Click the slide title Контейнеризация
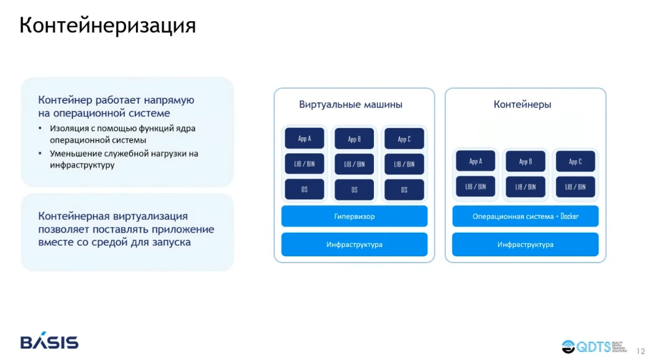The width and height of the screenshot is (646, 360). pyautogui.click(x=107, y=25)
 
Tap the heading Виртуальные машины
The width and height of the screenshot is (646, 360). pyautogui.click(x=350, y=104)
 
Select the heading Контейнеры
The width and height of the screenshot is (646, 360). pyautogui.click(x=522, y=104)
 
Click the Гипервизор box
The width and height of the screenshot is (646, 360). pyautogui.click(x=354, y=217)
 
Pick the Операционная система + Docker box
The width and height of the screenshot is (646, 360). pyautogui.click(x=525, y=217)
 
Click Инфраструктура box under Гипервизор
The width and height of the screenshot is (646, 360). pyautogui.click(x=354, y=245)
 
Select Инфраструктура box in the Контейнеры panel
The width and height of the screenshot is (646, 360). pyautogui.click(x=525, y=245)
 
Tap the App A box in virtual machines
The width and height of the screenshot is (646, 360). pyautogui.click(x=304, y=139)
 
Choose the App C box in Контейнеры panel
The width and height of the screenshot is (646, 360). pyautogui.click(x=575, y=161)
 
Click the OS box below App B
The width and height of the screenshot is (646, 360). pyautogui.click(x=354, y=189)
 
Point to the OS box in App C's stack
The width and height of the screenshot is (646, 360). pyautogui.click(x=404, y=189)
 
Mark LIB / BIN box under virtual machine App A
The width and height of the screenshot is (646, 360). pyautogui.click(x=304, y=164)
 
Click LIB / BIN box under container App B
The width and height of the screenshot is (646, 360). pyautogui.click(x=525, y=186)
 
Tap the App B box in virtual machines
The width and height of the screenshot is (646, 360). pyautogui.click(x=354, y=139)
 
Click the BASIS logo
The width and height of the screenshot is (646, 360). pyautogui.click(x=49, y=341)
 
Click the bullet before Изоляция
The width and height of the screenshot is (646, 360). pyautogui.click(x=41, y=128)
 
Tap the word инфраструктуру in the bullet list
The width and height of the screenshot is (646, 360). pyautogui.click(x=82, y=166)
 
